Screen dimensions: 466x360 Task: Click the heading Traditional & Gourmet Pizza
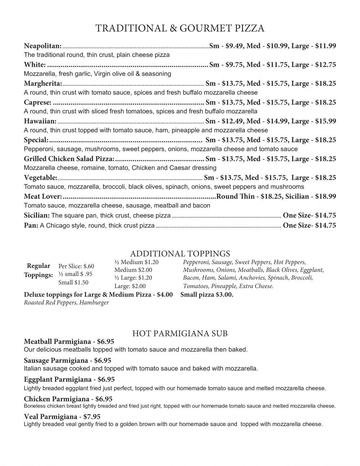coord(180,28)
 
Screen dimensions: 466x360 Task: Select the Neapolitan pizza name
coord(42,46)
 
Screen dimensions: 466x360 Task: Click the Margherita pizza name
coord(43,84)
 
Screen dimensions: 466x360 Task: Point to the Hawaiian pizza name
coord(40,121)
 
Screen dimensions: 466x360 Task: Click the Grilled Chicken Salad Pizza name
coord(69,159)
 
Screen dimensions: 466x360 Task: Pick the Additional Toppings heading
coord(180,254)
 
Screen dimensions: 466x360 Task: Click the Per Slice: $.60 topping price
coord(76,266)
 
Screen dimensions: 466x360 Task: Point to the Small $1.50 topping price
coord(73,282)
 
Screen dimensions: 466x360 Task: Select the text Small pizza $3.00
coord(207,295)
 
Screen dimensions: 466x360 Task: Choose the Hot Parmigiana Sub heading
coord(180,333)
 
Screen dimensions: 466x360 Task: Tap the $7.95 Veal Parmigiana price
coord(92,417)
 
